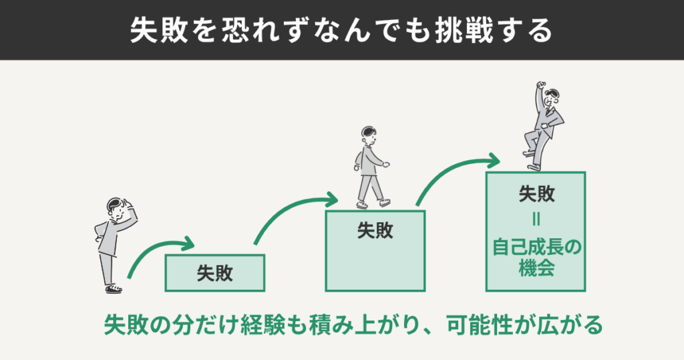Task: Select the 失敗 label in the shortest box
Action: [x=214, y=273]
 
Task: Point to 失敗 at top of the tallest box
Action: [x=536, y=193]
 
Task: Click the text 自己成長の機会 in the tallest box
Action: [x=536, y=258]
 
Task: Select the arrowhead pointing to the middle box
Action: [x=331, y=199]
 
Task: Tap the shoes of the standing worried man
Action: [x=114, y=288]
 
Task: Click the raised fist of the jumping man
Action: [x=541, y=86]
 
